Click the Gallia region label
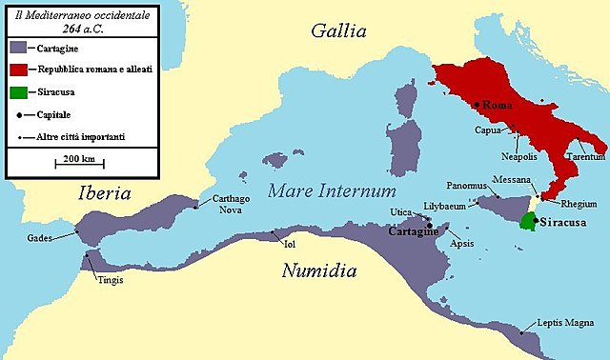coord(338,31)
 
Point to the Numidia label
coord(319,271)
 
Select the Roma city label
coord(499,104)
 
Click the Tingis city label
coord(110,280)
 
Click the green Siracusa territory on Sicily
coord(526,222)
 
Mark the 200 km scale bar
coord(80,164)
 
